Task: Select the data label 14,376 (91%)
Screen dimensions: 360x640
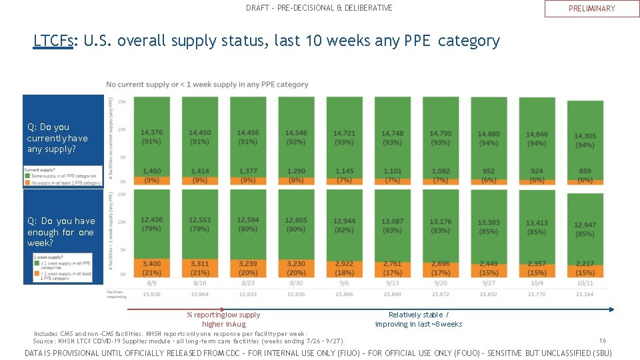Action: [152, 137]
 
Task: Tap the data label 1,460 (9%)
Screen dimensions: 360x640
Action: [152, 175]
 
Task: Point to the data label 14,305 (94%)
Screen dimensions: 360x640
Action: [585, 140]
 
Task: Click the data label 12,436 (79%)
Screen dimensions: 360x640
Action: [152, 225]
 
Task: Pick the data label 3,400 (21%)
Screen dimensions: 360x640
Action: [152, 268]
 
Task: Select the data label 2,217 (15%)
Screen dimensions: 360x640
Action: [585, 268]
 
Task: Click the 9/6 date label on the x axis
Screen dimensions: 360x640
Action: [344, 283]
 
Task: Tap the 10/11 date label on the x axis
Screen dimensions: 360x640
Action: [585, 283]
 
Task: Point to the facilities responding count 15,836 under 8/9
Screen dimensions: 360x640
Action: [152, 294]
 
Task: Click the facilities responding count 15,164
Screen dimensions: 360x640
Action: [585, 294]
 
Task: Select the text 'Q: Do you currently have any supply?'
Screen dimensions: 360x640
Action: [57, 138]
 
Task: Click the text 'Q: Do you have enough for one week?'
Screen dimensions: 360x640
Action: [61, 232]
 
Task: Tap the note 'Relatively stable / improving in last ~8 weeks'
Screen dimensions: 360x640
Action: [419, 319]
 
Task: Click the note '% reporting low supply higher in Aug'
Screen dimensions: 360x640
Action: [223, 319]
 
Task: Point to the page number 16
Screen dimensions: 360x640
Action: [603, 340]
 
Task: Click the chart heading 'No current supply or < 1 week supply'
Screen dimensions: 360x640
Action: [207, 85]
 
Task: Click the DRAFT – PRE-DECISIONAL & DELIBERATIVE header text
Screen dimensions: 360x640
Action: [319, 8]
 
